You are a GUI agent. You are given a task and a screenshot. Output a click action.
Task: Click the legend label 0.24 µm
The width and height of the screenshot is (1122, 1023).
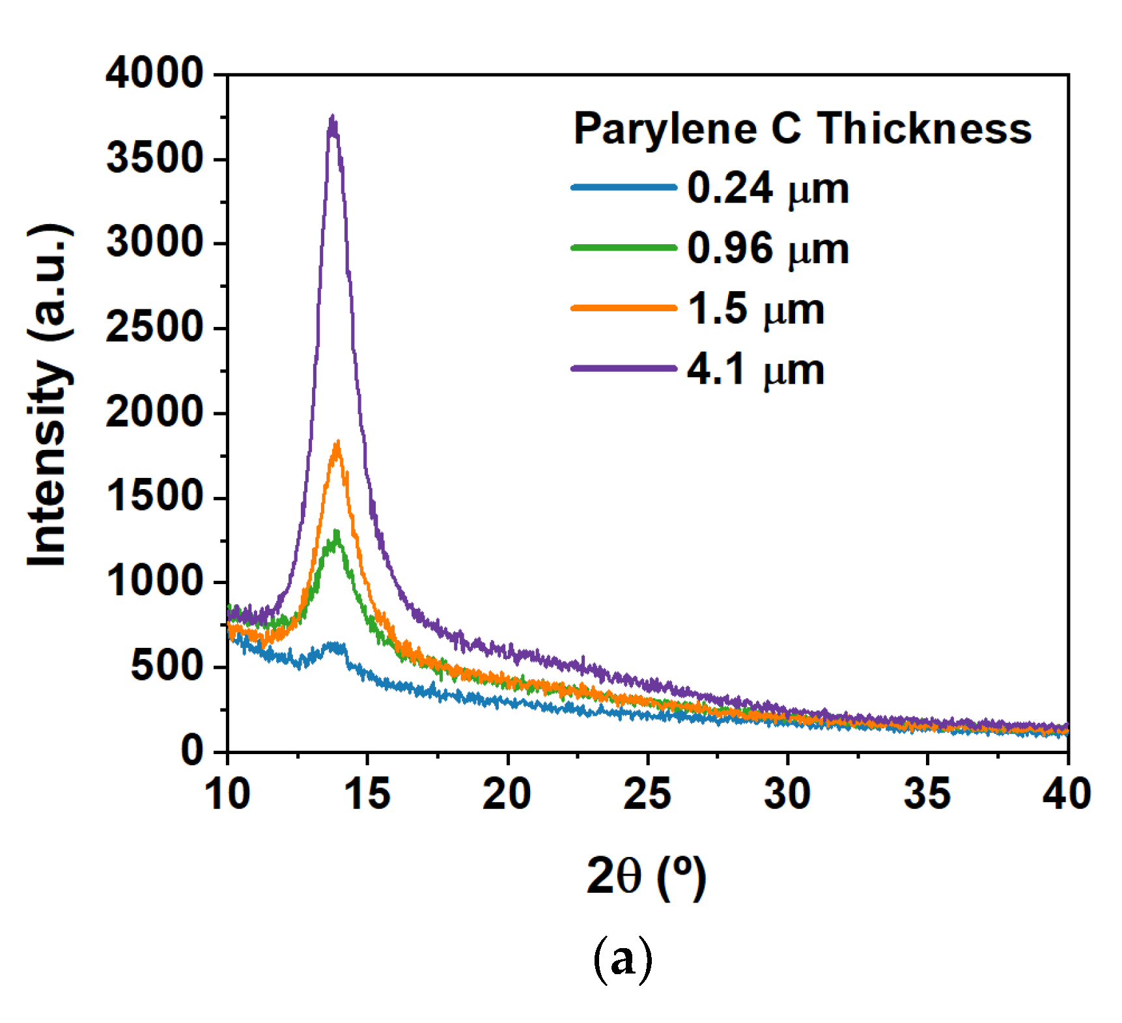(768, 189)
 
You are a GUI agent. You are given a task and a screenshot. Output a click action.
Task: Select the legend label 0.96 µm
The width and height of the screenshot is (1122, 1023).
(768, 249)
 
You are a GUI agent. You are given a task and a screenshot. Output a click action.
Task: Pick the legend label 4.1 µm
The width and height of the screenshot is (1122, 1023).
(755, 369)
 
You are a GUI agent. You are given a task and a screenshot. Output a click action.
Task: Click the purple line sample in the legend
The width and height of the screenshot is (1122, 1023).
(623, 369)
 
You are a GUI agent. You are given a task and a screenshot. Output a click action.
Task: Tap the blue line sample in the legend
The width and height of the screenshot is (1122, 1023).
(623, 188)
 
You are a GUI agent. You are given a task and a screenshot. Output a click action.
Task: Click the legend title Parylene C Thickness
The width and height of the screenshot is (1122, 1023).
(802, 128)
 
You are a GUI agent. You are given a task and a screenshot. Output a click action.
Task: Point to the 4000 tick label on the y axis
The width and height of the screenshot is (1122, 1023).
(155, 73)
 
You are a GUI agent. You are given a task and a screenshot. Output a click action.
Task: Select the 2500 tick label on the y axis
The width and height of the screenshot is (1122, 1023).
(155, 328)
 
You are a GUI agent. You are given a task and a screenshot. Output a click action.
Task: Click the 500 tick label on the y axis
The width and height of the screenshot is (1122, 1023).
(167, 666)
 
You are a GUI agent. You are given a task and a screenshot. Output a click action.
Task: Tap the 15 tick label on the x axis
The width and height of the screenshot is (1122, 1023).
(367, 794)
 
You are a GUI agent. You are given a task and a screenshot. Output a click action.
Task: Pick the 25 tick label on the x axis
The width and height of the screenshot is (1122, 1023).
(647, 794)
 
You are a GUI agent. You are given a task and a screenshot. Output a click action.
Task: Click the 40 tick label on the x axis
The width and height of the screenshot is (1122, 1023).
(1066, 794)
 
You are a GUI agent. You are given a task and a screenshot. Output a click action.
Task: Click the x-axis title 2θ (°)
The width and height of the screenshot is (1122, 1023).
(645, 877)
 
